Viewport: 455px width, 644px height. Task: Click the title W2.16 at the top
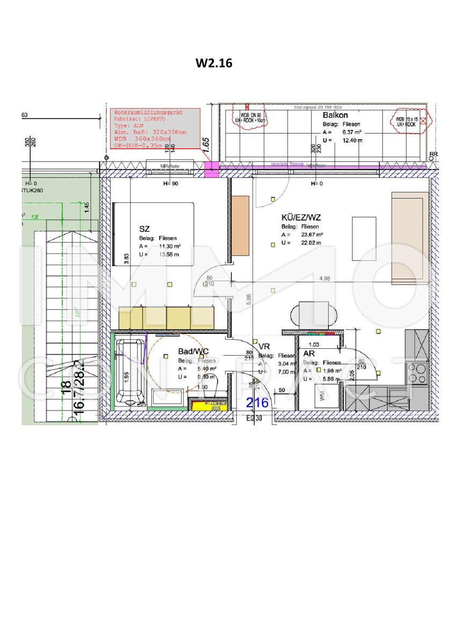214,63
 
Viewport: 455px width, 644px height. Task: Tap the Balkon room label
335,115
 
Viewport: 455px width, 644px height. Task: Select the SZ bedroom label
143,229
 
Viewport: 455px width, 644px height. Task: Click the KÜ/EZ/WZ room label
301,218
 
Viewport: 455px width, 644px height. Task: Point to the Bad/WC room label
193,352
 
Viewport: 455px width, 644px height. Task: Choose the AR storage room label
309,354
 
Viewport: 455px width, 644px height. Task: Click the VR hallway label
264,347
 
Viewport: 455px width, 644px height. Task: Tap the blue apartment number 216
257,402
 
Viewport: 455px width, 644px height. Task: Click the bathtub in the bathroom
129,371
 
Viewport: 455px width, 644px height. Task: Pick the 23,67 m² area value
312,235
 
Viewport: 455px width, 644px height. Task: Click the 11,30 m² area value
169,246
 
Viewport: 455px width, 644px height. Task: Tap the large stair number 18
66,387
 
